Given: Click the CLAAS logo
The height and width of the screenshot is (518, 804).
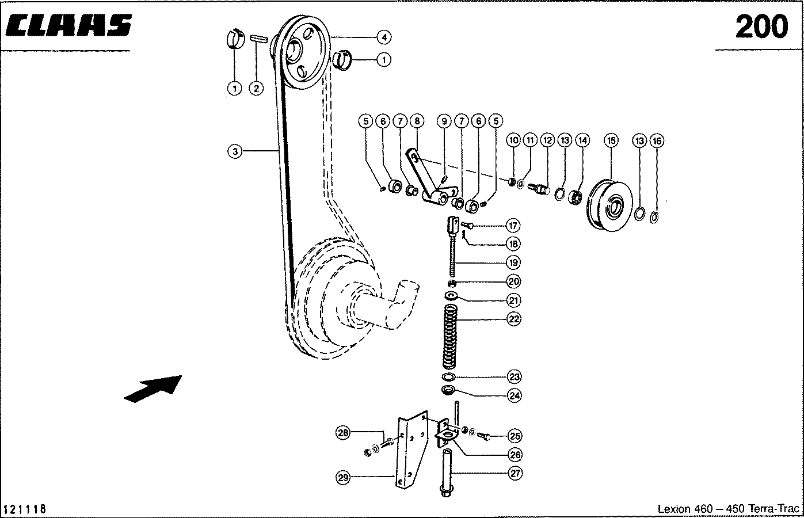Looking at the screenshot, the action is tap(68, 25).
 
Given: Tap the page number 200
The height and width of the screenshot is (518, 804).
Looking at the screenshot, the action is tap(761, 27).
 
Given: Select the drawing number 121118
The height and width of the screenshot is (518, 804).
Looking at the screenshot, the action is tap(25, 509).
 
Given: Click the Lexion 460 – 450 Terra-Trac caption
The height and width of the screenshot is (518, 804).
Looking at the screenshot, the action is tap(729, 509).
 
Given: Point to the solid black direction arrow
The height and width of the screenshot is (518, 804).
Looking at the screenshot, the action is tap(153, 389).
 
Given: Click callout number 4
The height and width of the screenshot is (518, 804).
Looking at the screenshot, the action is tap(384, 37).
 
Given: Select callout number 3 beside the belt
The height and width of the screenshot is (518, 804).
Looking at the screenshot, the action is tap(235, 151).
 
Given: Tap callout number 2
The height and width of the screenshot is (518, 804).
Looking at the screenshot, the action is tap(256, 88).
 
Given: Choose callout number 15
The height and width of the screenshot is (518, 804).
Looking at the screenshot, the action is tap(611, 140).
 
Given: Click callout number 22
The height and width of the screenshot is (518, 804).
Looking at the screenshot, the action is tap(514, 319).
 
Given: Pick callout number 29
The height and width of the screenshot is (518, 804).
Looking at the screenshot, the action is tap(343, 478).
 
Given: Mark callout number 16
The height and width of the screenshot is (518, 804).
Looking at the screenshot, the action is tap(657, 140).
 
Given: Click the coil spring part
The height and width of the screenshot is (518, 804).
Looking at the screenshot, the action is tap(449, 337).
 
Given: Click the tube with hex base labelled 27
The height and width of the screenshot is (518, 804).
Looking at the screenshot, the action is tap(447, 473).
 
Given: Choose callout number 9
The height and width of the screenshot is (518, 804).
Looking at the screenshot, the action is tap(444, 121).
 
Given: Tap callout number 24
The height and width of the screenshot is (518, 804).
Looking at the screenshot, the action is tap(515, 395).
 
